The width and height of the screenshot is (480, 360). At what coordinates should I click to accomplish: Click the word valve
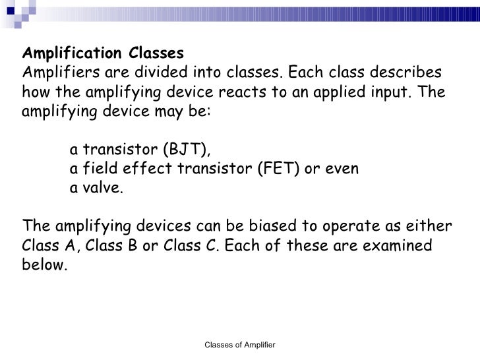pyautogui.click(x=103, y=187)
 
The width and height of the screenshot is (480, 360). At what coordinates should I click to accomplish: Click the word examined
pyautogui.click(x=400, y=246)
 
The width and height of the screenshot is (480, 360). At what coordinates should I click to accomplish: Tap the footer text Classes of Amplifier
pyautogui.click(x=239, y=345)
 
